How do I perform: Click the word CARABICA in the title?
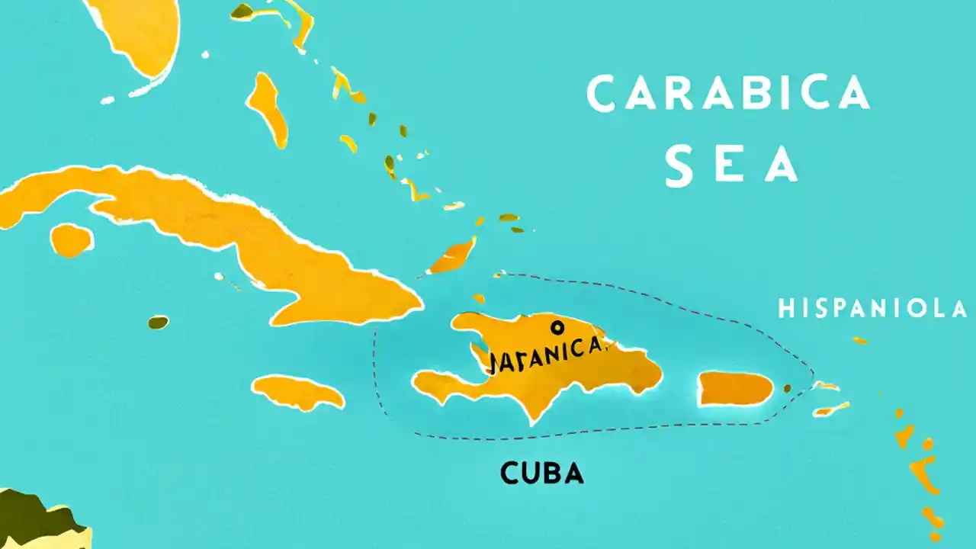728,94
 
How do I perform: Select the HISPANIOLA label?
872,309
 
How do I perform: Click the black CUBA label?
542,474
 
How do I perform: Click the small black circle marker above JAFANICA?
557,328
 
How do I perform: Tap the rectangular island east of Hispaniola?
736,389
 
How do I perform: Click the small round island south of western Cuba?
72,239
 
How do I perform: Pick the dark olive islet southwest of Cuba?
158,323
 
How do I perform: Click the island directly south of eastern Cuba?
297,393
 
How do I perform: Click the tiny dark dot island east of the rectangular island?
788,388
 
